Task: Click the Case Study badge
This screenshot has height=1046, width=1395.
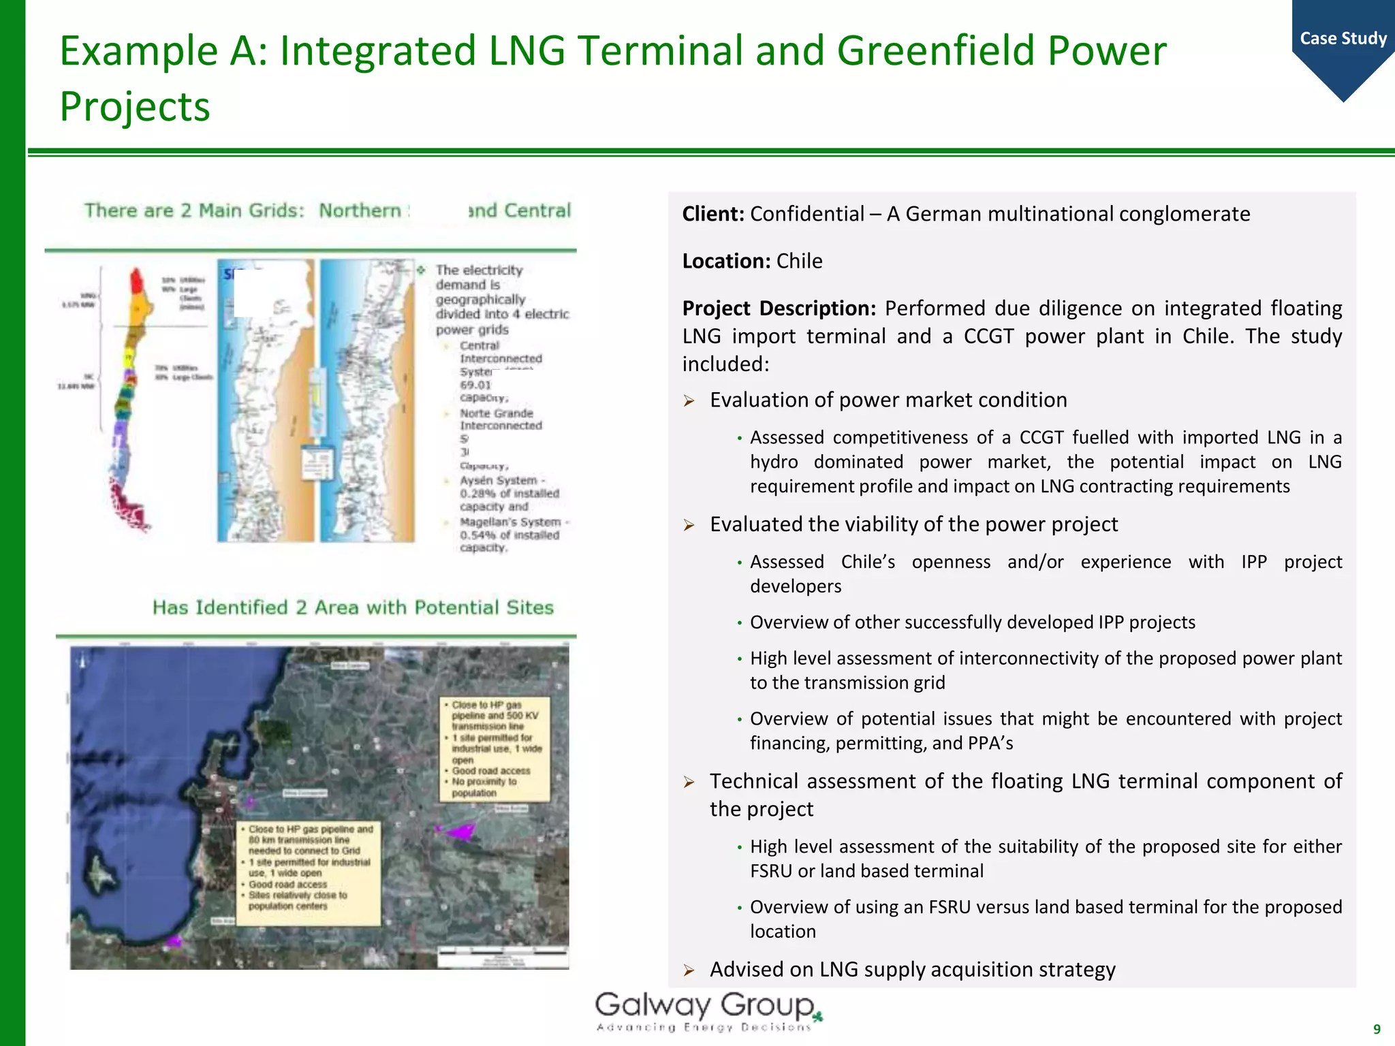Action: click(x=1343, y=39)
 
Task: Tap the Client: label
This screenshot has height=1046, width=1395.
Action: click(x=713, y=214)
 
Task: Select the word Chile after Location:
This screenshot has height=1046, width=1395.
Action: click(x=799, y=261)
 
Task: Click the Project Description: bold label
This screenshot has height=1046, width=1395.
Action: click(x=779, y=308)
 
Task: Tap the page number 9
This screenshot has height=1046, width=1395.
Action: click(x=1377, y=1029)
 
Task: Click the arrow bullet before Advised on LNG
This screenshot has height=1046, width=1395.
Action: click(x=689, y=970)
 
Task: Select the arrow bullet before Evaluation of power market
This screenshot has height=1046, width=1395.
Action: click(x=689, y=401)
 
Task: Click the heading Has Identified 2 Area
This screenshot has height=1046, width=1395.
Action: click(x=353, y=607)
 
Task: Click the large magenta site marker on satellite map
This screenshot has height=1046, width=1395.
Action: click(x=461, y=831)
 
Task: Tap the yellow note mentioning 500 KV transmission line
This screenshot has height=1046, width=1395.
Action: click(x=495, y=748)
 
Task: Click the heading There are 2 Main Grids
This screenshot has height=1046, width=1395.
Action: click(x=194, y=210)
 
